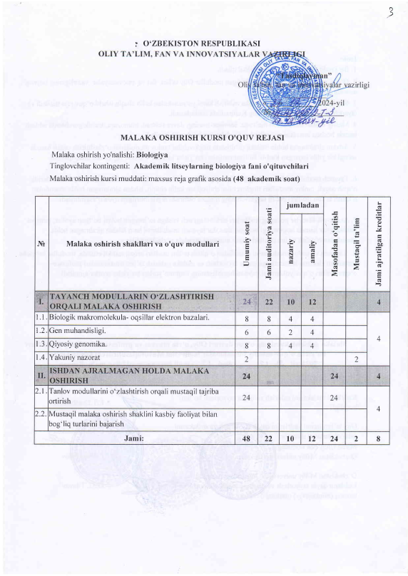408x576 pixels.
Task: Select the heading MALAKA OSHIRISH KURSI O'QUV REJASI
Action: coord(203,136)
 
